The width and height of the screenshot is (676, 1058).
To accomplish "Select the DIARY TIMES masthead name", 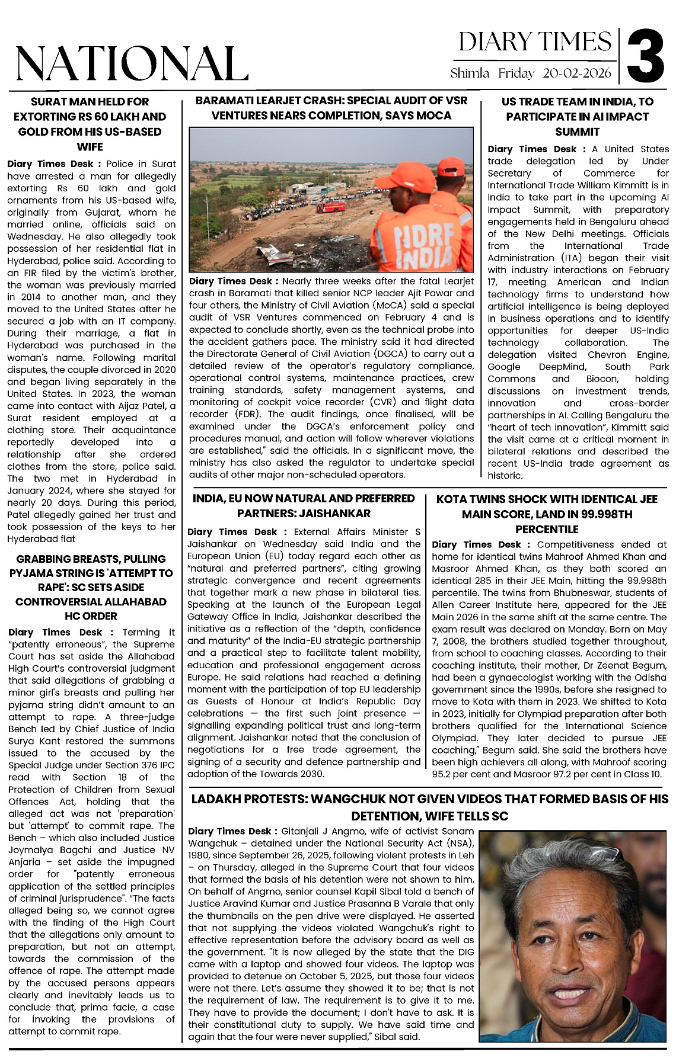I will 535,41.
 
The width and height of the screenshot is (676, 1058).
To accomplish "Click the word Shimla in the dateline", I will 470,73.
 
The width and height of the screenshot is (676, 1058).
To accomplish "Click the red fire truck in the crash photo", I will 331,207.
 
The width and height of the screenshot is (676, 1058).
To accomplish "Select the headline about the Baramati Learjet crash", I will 331,108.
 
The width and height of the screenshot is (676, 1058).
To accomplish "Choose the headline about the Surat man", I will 90,124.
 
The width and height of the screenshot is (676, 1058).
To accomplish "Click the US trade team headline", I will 578,116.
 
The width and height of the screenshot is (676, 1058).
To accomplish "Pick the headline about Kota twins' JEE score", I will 547,514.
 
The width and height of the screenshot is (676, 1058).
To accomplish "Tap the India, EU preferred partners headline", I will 304,506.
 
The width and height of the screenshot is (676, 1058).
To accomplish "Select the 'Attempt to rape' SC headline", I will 91,587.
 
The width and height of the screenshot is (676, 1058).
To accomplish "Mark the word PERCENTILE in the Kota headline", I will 547,529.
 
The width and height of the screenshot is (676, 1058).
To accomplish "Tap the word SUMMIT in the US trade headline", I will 578,132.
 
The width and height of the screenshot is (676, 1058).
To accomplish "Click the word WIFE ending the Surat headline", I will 90,147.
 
